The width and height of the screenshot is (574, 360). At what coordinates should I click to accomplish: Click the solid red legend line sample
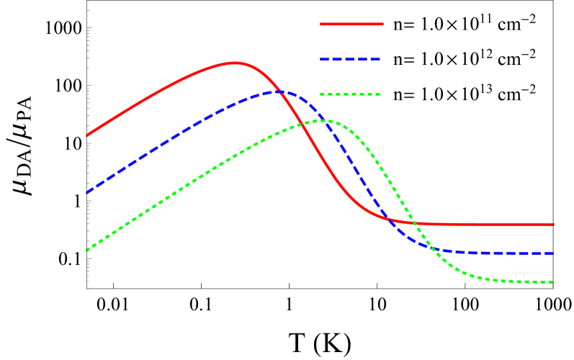351,24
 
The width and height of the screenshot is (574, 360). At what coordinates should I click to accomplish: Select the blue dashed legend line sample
350,60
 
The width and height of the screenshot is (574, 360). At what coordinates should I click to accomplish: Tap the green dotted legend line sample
350,95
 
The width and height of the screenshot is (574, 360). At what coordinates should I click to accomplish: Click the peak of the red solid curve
234,63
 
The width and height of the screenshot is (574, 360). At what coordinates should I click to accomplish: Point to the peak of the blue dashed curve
279,91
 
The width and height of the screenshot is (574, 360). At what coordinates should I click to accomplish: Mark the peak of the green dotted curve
323,120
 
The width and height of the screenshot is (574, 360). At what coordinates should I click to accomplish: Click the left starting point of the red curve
87,135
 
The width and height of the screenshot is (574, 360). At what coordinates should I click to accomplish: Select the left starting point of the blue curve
87,193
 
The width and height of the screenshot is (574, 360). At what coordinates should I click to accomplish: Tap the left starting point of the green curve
87,250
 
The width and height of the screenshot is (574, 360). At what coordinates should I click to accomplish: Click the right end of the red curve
553,225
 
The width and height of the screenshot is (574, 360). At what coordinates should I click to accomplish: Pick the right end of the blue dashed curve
553,253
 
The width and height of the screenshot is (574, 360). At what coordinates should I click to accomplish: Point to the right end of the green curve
553,282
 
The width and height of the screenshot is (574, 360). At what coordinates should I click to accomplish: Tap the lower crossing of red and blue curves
387,218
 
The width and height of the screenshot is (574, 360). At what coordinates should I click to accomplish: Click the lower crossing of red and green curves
416,223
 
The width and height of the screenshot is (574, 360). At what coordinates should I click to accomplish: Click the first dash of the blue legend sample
326,60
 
